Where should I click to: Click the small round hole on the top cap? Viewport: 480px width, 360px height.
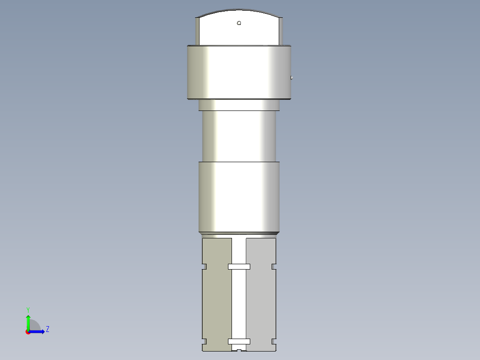[239, 23]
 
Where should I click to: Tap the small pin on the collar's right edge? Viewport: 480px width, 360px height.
[292, 78]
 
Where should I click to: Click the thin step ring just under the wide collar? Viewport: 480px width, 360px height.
[239, 105]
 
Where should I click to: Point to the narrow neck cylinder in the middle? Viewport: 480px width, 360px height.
[239, 135]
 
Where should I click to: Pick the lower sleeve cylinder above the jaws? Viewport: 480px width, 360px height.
[239, 197]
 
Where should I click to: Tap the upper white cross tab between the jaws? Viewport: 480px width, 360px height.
[239, 267]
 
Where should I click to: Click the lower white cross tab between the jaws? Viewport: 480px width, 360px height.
[239, 342]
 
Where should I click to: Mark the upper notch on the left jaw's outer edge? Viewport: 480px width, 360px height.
[205, 267]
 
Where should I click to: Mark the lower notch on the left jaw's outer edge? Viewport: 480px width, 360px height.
[205, 342]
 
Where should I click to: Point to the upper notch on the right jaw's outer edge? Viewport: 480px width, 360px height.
[273, 267]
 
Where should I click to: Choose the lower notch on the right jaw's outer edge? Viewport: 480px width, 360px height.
[273, 342]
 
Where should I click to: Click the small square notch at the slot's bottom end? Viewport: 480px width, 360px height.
[239, 350]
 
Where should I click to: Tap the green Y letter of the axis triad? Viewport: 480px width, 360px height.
[28, 309]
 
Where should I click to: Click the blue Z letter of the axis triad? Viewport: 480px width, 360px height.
[47, 329]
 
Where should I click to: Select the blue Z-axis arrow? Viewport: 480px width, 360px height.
[38, 331]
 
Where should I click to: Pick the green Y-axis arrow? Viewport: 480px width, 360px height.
[28, 322]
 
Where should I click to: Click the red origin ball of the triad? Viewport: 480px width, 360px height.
[28, 331]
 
